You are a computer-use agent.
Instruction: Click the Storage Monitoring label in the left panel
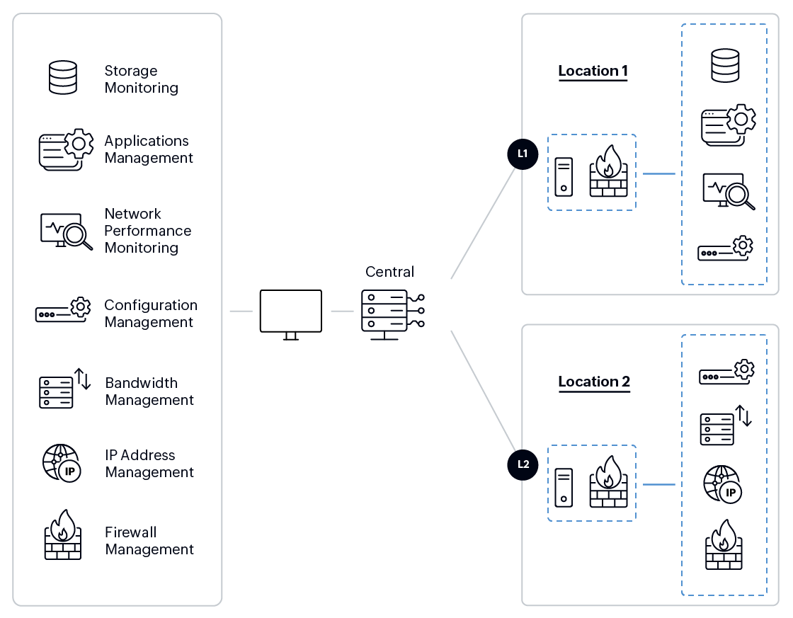[x=141, y=79]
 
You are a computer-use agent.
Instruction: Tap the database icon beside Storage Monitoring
[x=62, y=78]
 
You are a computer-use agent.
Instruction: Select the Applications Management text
[x=149, y=149]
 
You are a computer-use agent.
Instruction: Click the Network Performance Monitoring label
[x=147, y=231]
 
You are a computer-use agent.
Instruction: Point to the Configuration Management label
[x=150, y=314]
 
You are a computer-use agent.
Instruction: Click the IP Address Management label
[x=149, y=464]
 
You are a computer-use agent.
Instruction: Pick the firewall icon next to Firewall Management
[x=62, y=535]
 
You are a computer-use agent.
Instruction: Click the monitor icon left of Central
[x=290, y=313]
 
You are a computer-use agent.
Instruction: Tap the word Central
[x=389, y=272]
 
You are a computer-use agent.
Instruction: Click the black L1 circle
[x=523, y=154]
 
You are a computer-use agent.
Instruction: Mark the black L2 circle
[x=523, y=464]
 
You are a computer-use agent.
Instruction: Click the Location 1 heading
[x=593, y=71]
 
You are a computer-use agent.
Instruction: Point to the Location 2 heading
[x=593, y=382]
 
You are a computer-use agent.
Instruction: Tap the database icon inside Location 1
[x=724, y=64]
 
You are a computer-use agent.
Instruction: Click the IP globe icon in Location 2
[x=722, y=484]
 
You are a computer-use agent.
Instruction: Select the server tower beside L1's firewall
[x=564, y=176]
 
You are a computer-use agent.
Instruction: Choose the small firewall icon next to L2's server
[x=608, y=482]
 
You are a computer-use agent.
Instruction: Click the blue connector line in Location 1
[x=658, y=173]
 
